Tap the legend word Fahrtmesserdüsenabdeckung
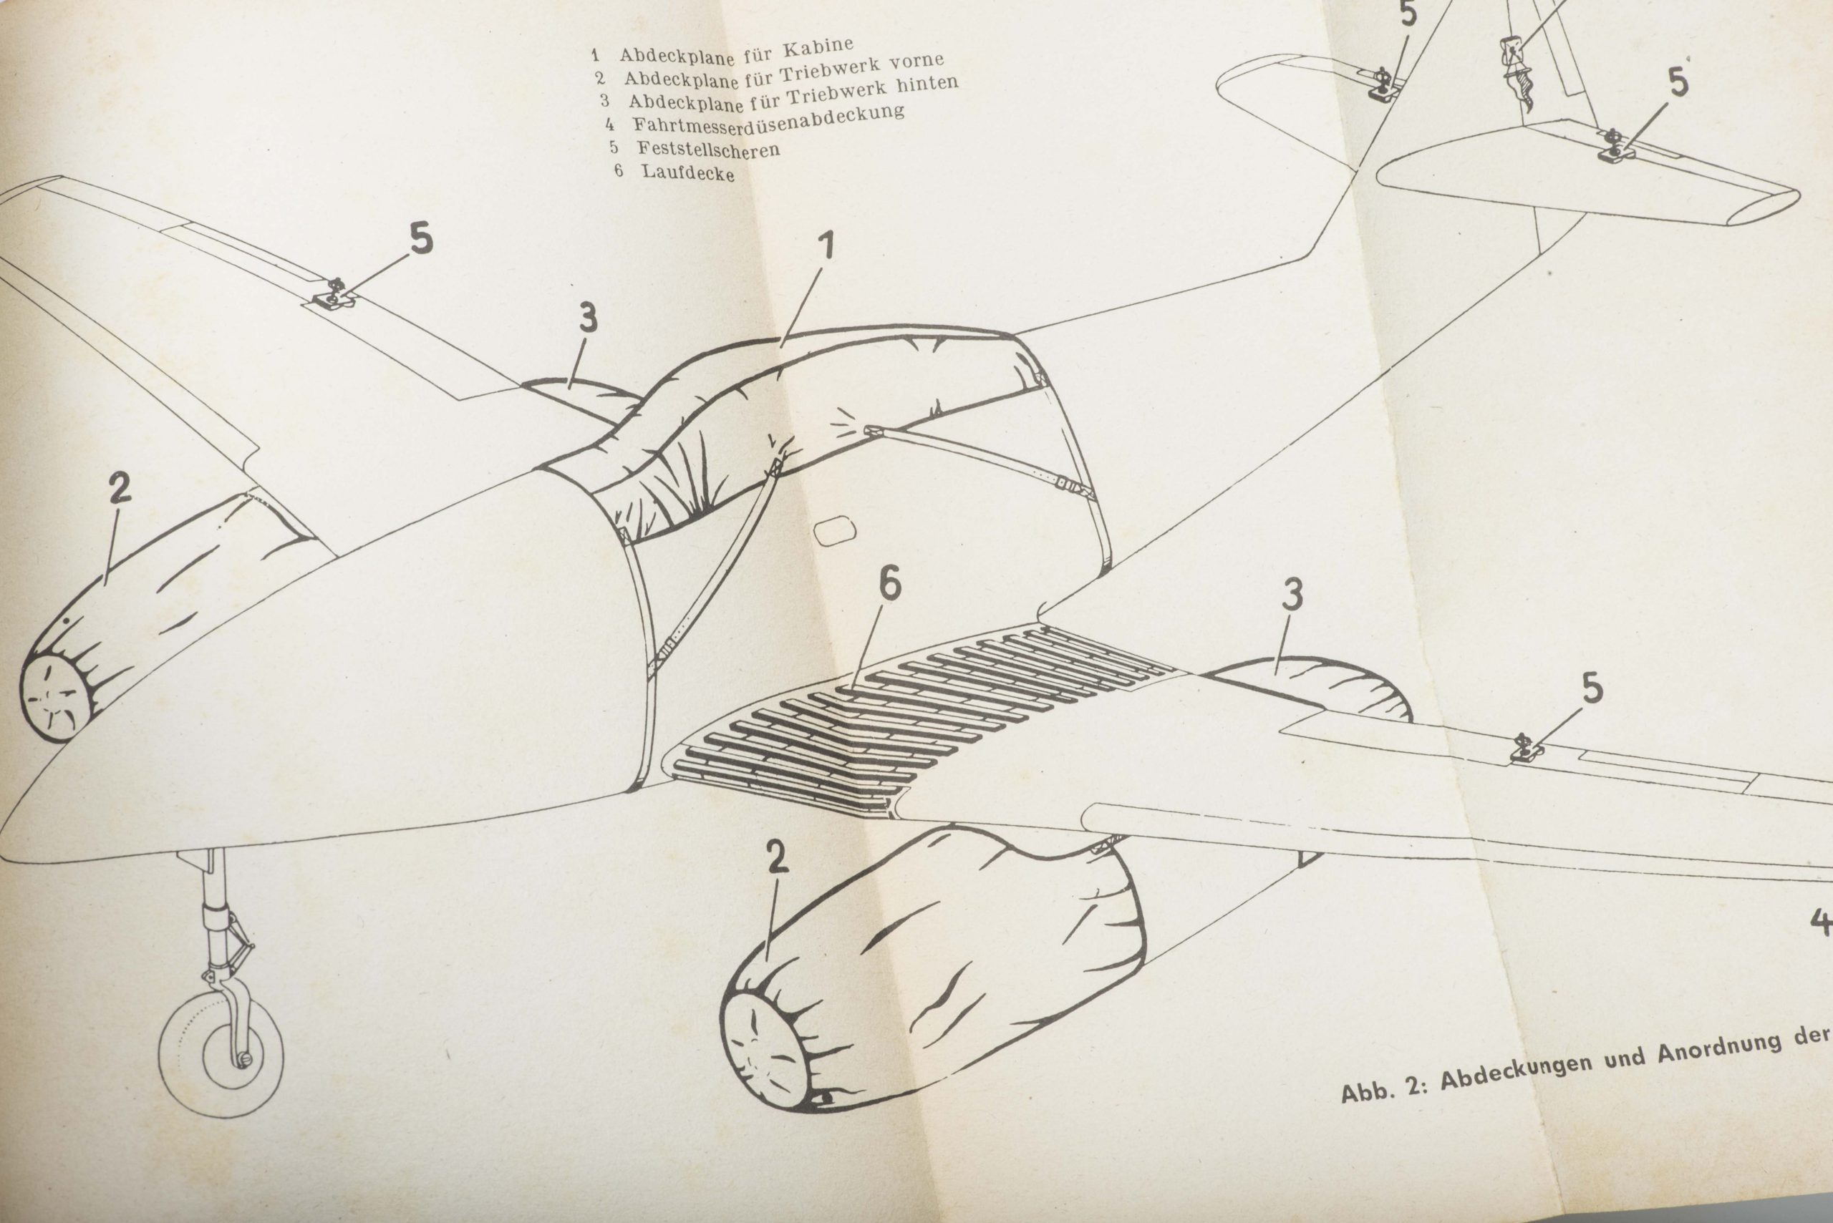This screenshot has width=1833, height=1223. [x=768, y=120]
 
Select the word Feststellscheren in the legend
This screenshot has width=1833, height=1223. [x=709, y=148]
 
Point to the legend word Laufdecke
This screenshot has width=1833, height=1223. [x=688, y=172]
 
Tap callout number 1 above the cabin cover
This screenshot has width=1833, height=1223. [x=826, y=245]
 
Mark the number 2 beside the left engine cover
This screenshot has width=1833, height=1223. [x=120, y=489]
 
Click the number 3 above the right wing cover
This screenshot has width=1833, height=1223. [x=1292, y=595]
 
